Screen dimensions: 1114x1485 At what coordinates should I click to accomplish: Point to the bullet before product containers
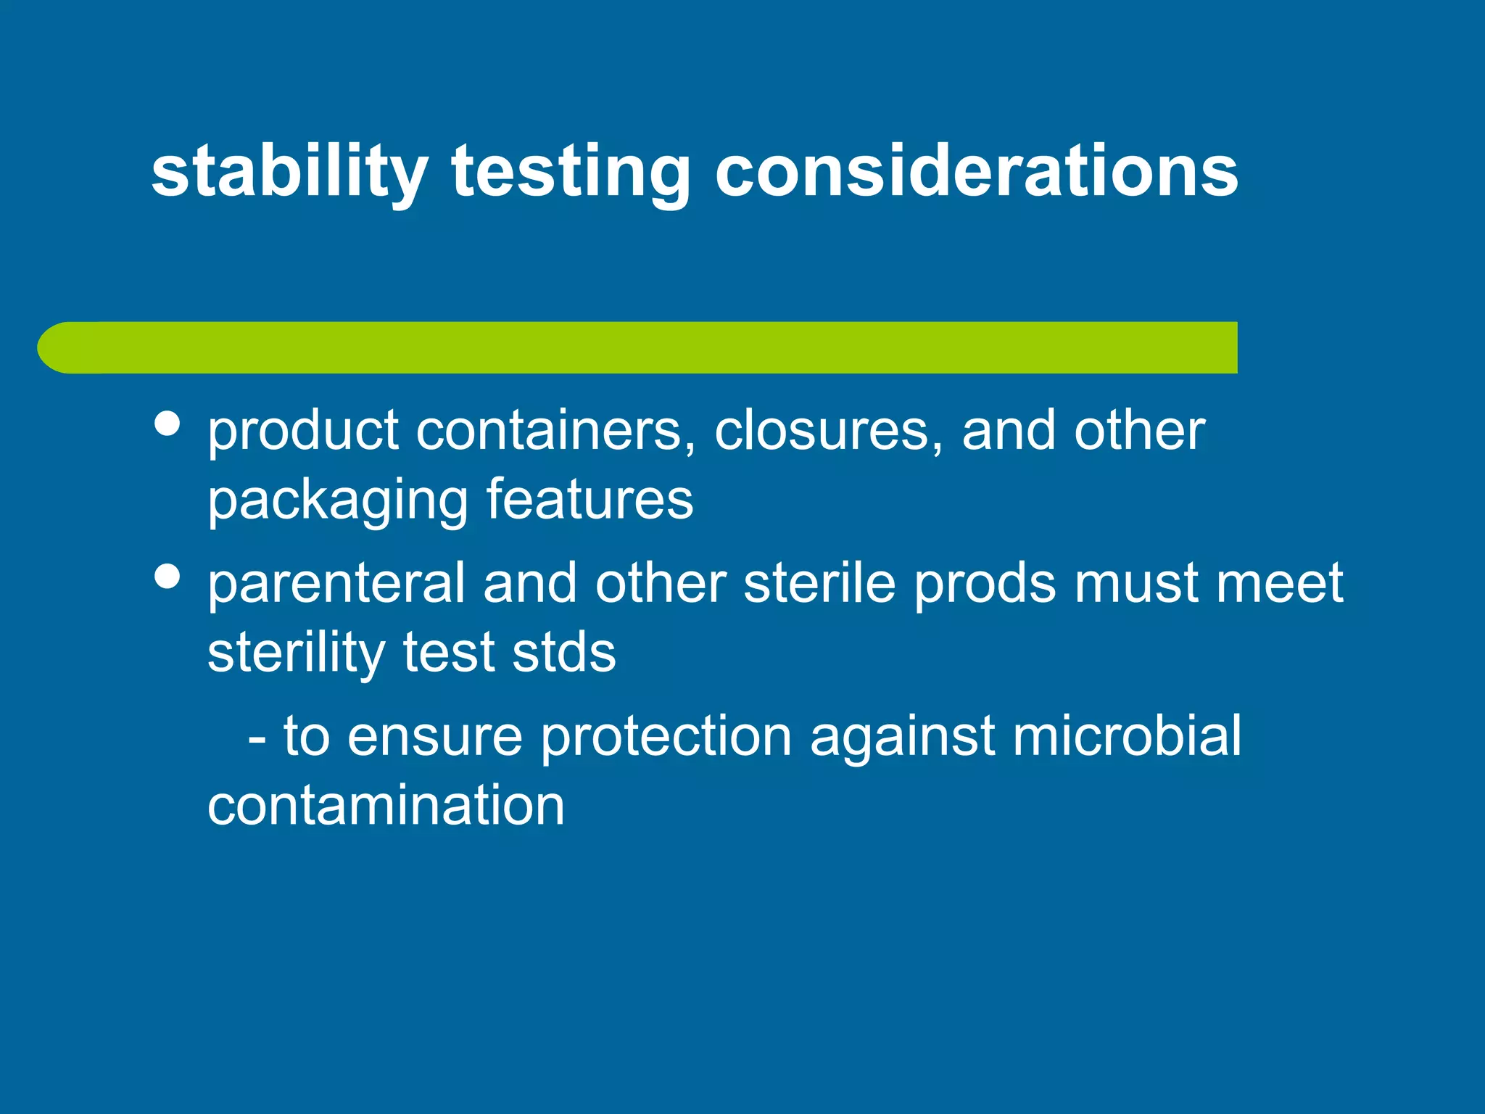pyautogui.click(x=167, y=424)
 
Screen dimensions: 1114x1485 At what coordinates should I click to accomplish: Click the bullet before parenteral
pyautogui.click(x=167, y=577)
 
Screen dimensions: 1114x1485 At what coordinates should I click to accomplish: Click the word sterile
pyautogui.click(x=819, y=583)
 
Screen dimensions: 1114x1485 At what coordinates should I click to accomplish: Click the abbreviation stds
pyautogui.click(x=563, y=653)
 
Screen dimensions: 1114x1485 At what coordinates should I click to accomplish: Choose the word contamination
pyautogui.click(x=386, y=805)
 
